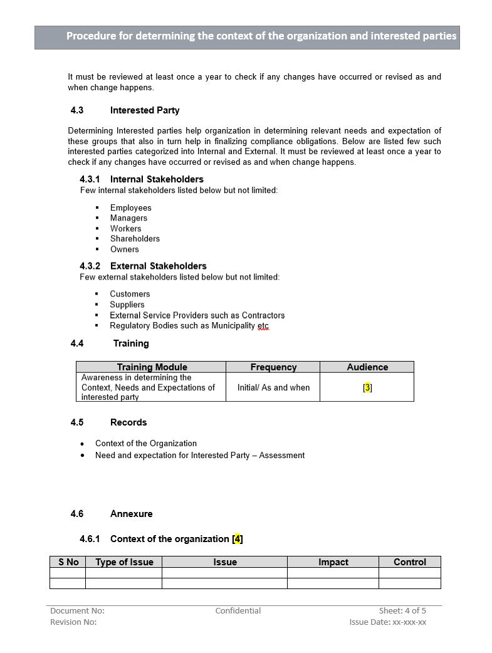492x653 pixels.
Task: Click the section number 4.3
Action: pyautogui.click(x=77, y=110)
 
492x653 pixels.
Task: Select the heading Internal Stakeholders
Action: pyautogui.click(x=157, y=179)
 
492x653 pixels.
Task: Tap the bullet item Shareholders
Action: pyautogui.click(x=135, y=239)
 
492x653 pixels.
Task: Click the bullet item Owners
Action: pyautogui.click(x=124, y=249)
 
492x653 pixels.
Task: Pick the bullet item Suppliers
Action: pyautogui.click(x=127, y=305)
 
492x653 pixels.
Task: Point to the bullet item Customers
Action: pyautogui.click(x=130, y=294)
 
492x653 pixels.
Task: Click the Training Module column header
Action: pyautogui.click(x=152, y=367)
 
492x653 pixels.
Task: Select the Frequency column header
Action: pyautogui.click(x=273, y=367)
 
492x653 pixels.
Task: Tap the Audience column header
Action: pyautogui.click(x=367, y=367)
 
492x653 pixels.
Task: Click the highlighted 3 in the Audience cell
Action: pyautogui.click(x=367, y=387)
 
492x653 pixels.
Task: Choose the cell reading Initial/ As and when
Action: pyautogui.click(x=273, y=387)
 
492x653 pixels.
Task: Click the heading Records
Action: pyautogui.click(x=128, y=422)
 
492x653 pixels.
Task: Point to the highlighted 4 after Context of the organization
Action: pyautogui.click(x=238, y=539)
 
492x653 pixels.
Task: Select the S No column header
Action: pyautogui.click(x=68, y=562)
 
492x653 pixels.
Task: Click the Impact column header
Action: pyautogui.click(x=333, y=562)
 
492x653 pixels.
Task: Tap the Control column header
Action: pyautogui.click(x=410, y=562)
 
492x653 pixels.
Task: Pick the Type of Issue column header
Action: pyautogui.click(x=124, y=562)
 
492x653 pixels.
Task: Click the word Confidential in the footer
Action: pyautogui.click(x=238, y=610)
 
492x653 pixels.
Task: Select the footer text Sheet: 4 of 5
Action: pyautogui.click(x=402, y=610)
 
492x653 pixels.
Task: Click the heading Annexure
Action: pyautogui.click(x=131, y=514)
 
